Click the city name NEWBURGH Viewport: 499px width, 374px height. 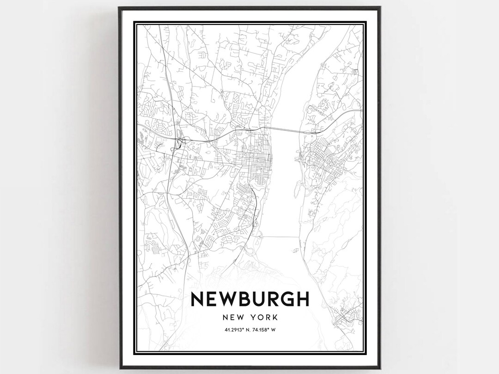pos(249,299)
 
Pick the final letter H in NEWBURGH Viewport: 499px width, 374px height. pos(302,299)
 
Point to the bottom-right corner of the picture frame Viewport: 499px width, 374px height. pos(379,368)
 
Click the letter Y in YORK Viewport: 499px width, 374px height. pos(254,318)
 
